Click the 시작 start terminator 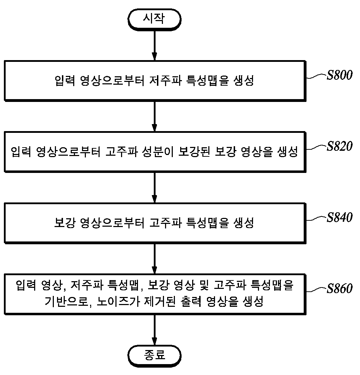point(154,19)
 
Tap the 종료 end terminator point(154,356)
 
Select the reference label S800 point(340,75)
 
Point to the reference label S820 point(340,146)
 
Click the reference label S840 point(340,217)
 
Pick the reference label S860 point(340,289)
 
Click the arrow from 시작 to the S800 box point(154,45)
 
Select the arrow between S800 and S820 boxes point(154,116)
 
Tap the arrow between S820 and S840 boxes point(154,187)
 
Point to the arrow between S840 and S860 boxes point(154,259)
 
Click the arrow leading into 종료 point(154,330)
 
